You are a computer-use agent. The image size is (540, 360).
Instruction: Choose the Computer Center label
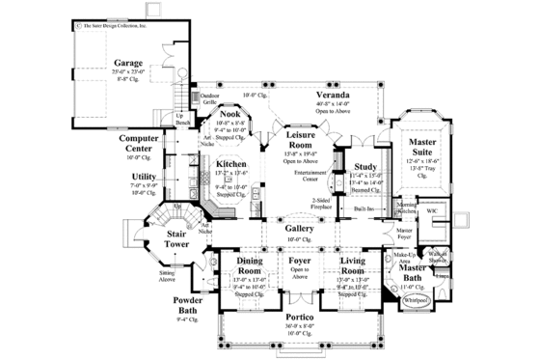(x=138, y=144)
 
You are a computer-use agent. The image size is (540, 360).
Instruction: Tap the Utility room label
(x=146, y=177)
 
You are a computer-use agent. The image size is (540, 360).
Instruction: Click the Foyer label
(x=298, y=262)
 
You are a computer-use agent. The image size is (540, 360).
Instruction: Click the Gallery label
(x=298, y=229)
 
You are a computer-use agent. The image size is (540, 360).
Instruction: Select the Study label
(x=364, y=166)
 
